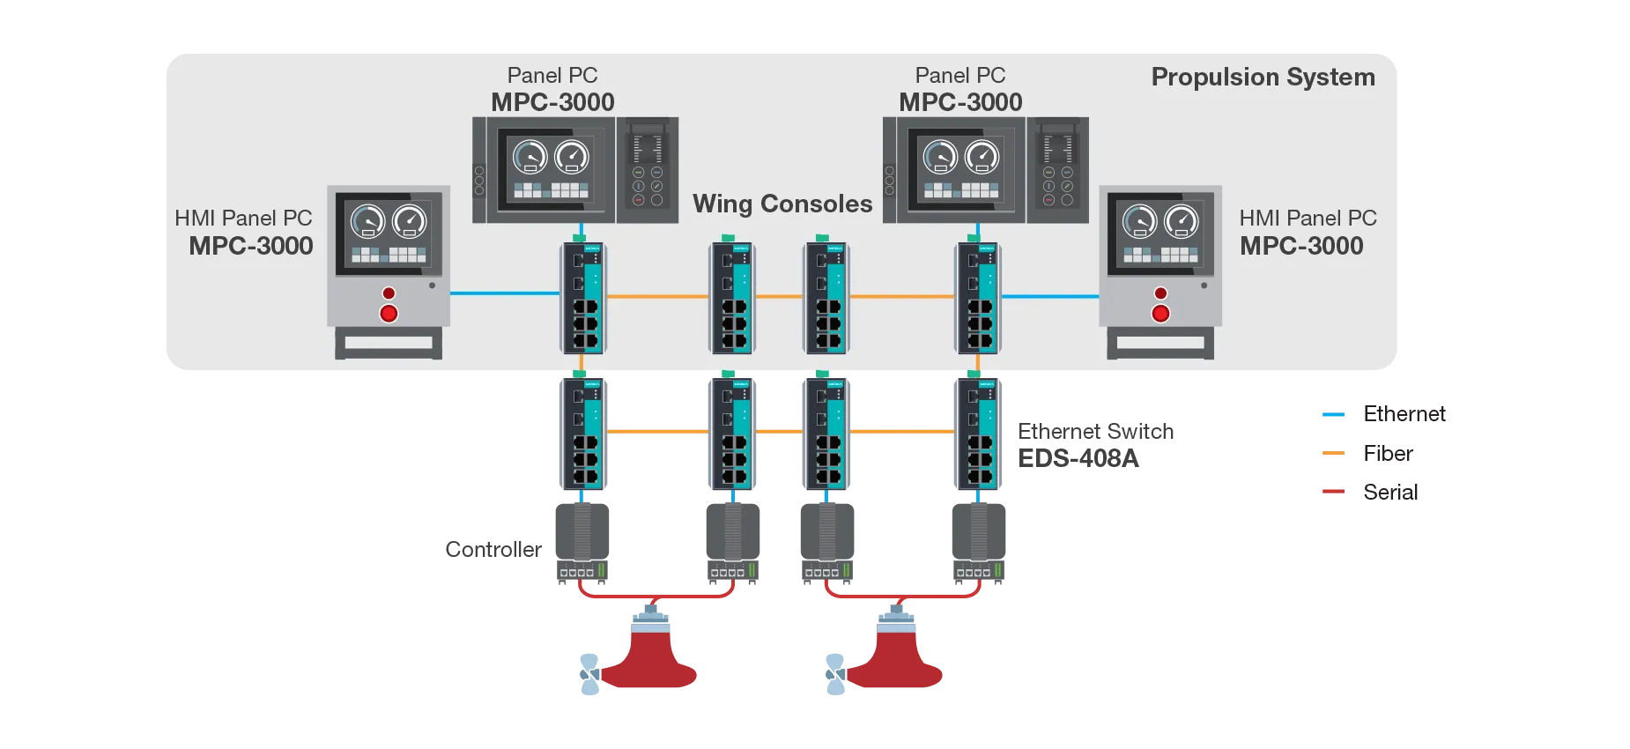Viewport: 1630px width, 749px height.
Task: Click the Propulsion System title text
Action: point(1263,78)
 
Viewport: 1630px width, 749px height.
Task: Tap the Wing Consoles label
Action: point(782,204)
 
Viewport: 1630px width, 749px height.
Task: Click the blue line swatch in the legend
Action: point(1332,415)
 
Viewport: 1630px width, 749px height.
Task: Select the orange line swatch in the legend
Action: point(1332,455)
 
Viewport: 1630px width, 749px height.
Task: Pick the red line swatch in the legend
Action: point(1332,491)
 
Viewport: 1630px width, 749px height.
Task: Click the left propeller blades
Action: point(588,674)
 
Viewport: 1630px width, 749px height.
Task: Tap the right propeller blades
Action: point(834,674)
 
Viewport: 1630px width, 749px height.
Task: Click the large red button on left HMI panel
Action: point(389,313)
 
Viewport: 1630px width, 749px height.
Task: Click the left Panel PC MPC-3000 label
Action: point(552,89)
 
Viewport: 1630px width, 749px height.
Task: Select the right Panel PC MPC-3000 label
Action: point(960,89)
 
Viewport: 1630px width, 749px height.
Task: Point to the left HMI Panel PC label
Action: point(245,232)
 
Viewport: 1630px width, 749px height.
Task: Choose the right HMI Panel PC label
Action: point(1308,232)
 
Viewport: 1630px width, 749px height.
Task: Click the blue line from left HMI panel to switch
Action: point(504,293)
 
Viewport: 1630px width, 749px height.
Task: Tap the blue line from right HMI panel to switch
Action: point(1049,297)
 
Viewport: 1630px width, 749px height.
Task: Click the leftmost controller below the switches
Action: point(582,540)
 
